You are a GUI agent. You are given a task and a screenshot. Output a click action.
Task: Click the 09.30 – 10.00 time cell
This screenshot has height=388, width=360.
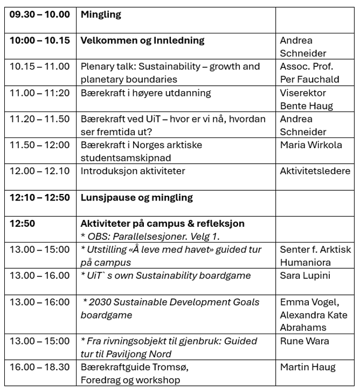tap(39, 15)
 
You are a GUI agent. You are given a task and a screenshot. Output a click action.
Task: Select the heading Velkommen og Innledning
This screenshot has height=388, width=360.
tap(142, 40)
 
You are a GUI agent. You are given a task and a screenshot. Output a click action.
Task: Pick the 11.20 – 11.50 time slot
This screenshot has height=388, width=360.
tap(39, 119)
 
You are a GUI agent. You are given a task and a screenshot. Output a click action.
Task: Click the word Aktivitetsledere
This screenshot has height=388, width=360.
tap(315, 171)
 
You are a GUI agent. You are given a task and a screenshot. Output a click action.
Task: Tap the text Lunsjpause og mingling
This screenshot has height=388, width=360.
tap(136, 197)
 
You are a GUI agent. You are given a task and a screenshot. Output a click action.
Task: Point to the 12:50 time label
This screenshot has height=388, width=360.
tap(23, 224)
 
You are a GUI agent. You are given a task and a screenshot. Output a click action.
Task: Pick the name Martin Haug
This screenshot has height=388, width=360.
tap(307, 368)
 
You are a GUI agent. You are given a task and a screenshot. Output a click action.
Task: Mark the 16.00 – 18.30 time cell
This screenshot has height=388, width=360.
tap(39, 368)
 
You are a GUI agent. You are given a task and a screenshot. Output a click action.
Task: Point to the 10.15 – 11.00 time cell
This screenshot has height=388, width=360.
tap(39, 67)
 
